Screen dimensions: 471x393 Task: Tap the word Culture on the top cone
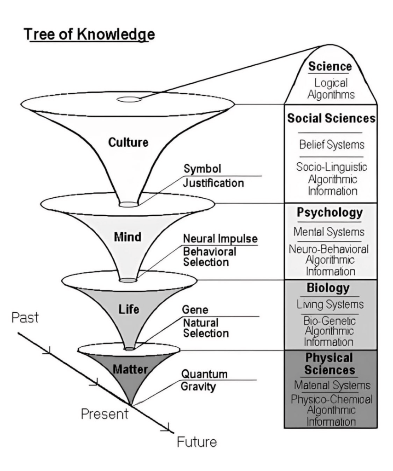[x=128, y=143]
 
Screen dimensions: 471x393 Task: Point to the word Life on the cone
[x=129, y=309]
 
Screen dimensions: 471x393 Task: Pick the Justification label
[x=214, y=183]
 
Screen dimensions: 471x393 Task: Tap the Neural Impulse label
[x=220, y=240]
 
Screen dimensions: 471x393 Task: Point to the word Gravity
[x=198, y=387]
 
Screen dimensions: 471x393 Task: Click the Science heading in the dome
[x=330, y=67]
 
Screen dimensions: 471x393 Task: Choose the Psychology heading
[x=329, y=213]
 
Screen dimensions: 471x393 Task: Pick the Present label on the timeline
[x=104, y=414]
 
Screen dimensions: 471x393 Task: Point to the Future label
[x=196, y=442]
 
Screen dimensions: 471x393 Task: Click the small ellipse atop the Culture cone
[x=129, y=99]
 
